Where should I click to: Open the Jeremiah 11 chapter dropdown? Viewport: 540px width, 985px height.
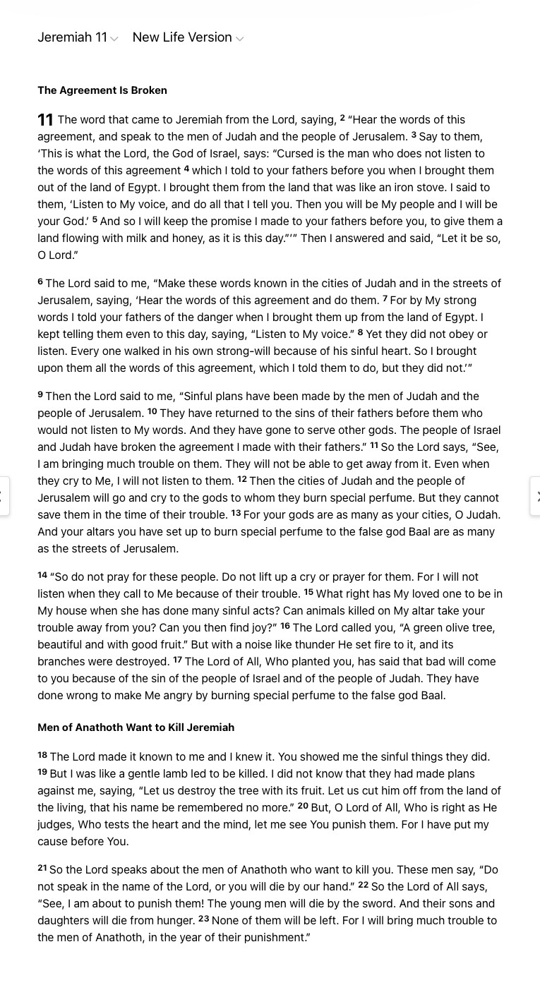[78, 37]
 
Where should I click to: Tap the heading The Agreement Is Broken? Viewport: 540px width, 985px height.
[102, 90]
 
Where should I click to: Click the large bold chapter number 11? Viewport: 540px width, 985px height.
[45, 121]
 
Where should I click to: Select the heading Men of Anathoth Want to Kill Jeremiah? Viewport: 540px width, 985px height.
[136, 727]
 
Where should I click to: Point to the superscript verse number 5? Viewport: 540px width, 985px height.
[95, 219]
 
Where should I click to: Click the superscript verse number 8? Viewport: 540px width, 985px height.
[360, 332]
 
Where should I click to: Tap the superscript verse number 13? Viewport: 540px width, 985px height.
[236, 513]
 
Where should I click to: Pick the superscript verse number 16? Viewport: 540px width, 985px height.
[285, 626]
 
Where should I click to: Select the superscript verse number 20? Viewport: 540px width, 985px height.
[303, 806]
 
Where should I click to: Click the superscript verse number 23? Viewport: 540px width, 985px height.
[203, 919]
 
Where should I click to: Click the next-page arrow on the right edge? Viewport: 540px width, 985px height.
[536, 496]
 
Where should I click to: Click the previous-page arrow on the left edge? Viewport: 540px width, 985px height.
[4, 496]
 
